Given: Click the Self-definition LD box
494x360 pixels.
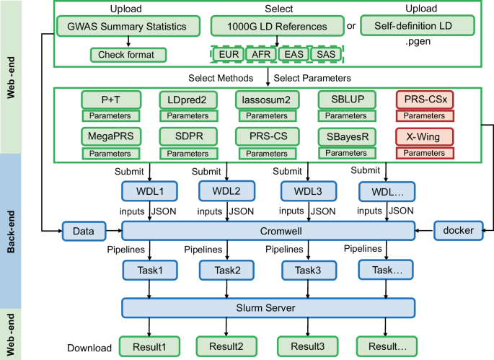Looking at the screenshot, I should point(416,27).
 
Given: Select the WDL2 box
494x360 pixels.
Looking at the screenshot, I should point(226,191).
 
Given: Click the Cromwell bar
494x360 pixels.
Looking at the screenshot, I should point(269,230).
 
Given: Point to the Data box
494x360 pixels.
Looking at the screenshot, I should point(84,230).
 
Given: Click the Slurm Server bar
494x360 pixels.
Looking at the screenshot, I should point(269,309).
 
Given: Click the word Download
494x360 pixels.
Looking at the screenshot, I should point(90,348).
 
